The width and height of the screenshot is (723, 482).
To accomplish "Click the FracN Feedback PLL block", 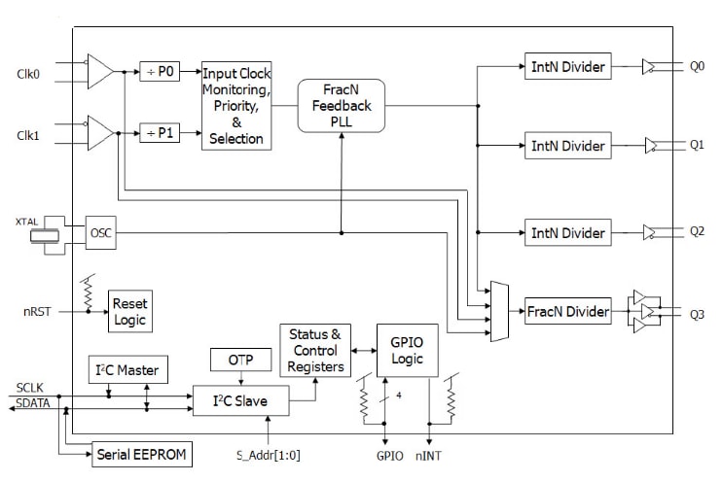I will (x=342, y=105).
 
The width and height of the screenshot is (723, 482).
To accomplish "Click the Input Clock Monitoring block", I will (x=236, y=106).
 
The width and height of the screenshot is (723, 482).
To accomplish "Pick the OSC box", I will (x=100, y=232).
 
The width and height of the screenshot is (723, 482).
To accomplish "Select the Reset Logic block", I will (x=129, y=311).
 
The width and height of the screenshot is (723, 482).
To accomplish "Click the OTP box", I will (x=240, y=359).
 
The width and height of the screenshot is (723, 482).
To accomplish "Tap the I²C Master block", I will (x=128, y=370).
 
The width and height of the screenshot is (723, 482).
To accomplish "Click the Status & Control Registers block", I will (x=313, y=350).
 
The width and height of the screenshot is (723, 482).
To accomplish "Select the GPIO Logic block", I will (x=408, y=350).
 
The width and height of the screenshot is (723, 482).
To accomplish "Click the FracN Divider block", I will (x=567, y=312).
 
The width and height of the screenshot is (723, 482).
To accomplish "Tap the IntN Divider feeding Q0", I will (x=567, y=68).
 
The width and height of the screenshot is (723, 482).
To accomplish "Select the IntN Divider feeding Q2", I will (x=567, y=233).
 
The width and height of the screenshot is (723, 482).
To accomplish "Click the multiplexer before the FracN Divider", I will (x=499, y=312).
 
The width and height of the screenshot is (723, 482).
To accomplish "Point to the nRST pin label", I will (x=38, y=313).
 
